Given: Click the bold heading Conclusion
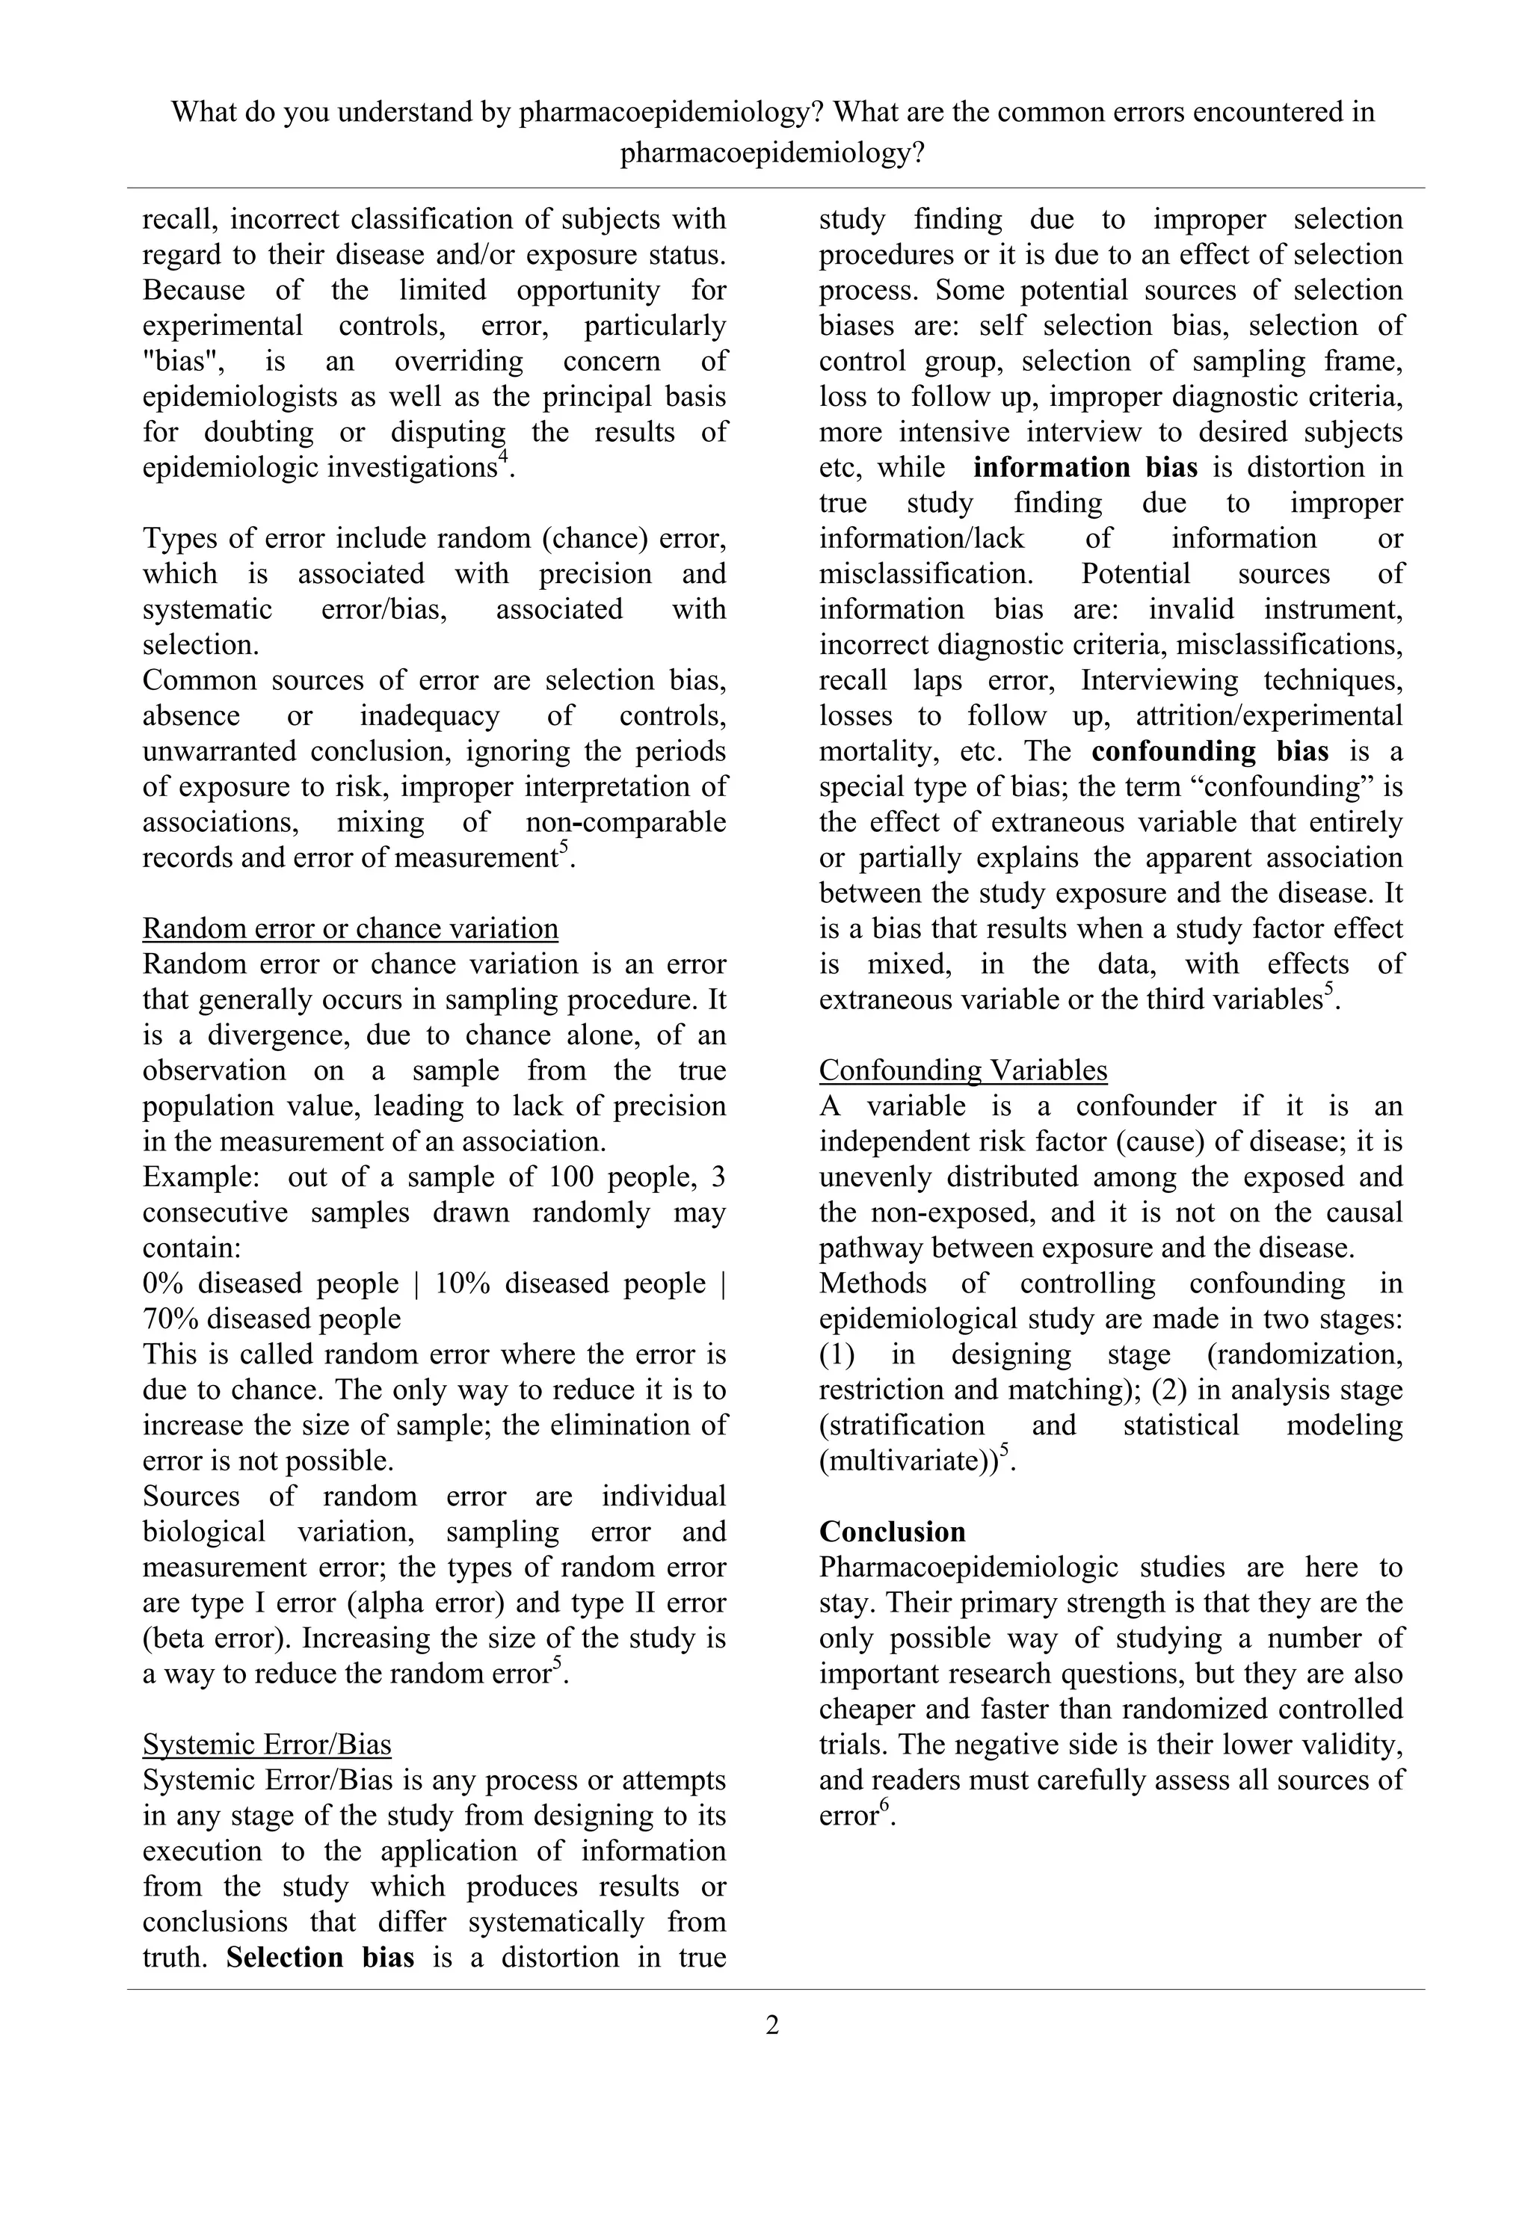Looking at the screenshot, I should (892, 1532).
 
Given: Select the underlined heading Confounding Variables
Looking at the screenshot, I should (963, 1070).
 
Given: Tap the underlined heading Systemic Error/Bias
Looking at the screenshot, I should (267, 1745).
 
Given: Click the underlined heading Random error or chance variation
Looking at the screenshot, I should (350, 928).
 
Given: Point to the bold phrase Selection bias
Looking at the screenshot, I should (321, 1958).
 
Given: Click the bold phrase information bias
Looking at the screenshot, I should (1085, 467).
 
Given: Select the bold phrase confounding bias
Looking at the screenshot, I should (1210, 751).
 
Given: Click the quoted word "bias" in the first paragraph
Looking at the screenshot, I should (176, 362).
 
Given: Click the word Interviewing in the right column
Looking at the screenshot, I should (1159, 680).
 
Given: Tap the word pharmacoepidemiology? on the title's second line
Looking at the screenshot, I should (772, 152).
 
